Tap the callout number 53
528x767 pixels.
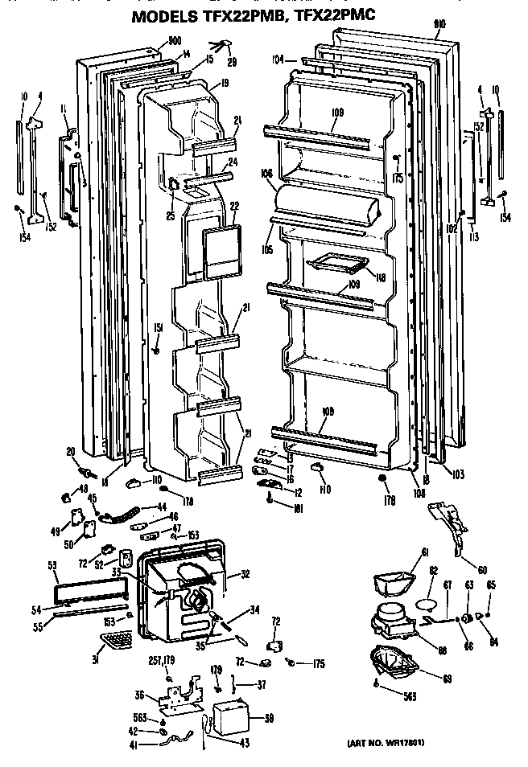click(x=52, y=566)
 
